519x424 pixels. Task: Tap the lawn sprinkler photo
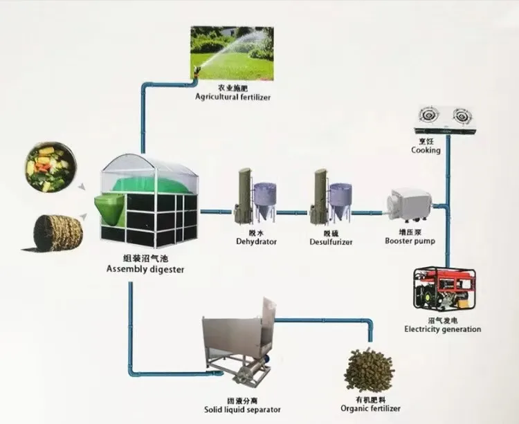[231, 53]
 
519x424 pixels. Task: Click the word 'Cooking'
[426, 150]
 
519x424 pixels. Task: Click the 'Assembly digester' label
[146, 270]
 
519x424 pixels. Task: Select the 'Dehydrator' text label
[256, 242]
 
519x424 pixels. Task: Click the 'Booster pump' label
[408, 241]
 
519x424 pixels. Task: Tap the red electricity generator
[442, 290]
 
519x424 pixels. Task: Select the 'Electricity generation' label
[442, 329]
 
